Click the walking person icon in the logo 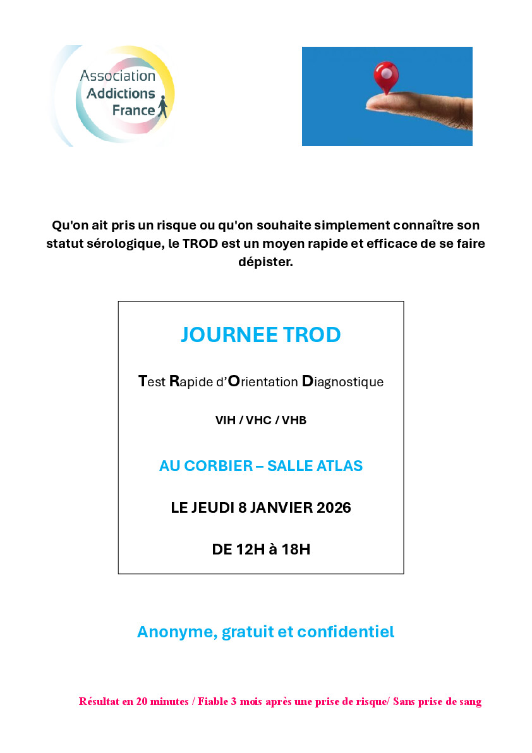164,107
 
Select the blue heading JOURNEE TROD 260,334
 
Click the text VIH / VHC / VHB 260,420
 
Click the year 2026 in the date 332,508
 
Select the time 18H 296,549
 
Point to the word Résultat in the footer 102,701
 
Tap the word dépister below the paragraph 265,262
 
